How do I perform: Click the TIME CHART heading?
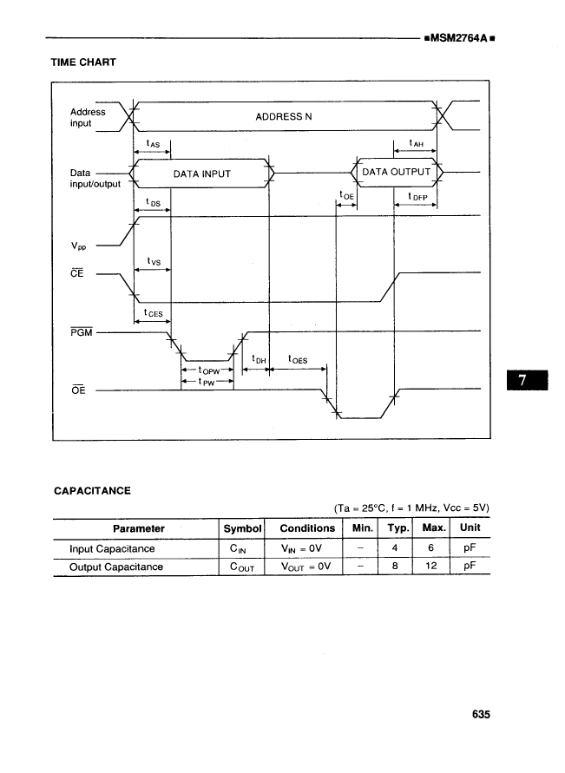pos(84,62)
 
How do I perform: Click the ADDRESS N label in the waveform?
pos(284,116)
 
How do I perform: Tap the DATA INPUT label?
pos(202,174)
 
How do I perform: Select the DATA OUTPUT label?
pos(396,172)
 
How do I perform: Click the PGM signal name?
pos(80,331)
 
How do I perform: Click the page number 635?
pos(482,715)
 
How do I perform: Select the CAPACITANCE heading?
pos(93,490)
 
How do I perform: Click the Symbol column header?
pos(242,528)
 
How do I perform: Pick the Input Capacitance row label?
pos(112,548)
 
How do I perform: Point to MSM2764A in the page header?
pos(457,38)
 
